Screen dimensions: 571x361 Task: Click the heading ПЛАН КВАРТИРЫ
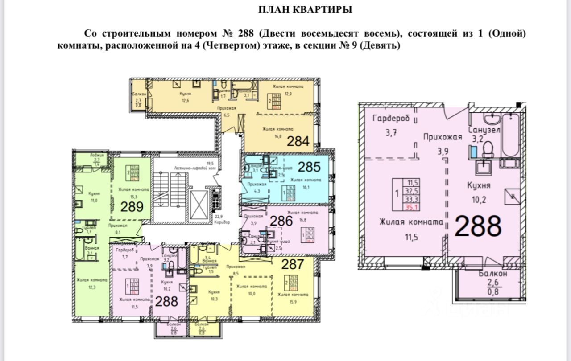[x=306, y=9]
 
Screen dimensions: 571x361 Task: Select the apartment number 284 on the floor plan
[x=298, y=142]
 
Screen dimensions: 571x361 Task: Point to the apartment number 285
[x=309, y=167]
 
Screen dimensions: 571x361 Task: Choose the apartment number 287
[x=292, y=264]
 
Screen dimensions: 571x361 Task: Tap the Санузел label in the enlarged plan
[x=484, y=130]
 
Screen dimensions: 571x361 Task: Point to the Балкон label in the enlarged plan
[x=493, y=274]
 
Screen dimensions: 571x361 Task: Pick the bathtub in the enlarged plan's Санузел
[x=510, y=135]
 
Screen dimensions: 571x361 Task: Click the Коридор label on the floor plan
[x=222, y=222]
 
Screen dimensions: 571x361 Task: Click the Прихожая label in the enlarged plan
[x=442, y=137]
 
